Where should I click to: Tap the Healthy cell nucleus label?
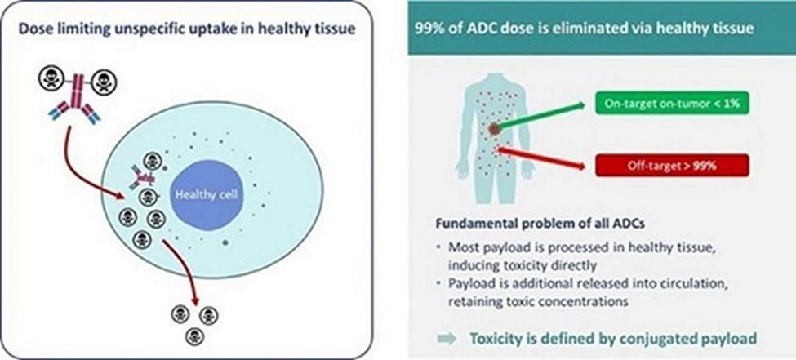(x=207, y=195)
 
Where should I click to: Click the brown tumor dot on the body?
(x=495, y=129)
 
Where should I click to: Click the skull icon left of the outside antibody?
(x=51, y=80)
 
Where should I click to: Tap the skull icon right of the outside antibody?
(x=105, y=82)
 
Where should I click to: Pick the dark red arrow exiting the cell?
(x=184, y=269)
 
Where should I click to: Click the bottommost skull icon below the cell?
(x=194, y=336)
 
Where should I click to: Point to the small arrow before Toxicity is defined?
(x=447, y=339)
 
